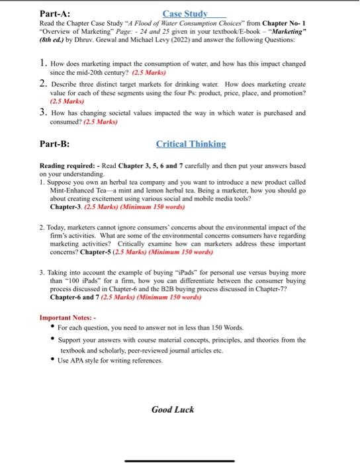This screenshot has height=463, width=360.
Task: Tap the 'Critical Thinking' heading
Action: (191, 144)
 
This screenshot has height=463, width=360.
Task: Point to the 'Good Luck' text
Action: (173, 409)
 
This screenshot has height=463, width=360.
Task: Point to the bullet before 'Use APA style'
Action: (52, 360)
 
